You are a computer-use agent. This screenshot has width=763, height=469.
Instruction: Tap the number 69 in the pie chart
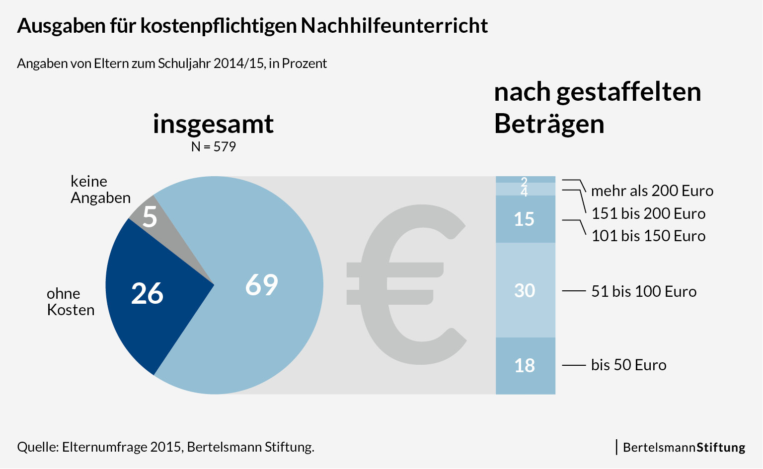coord(262,285)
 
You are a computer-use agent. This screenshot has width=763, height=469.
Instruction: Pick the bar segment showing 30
coord(525,290)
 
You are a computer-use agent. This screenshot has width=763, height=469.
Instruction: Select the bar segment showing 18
coord(525,366)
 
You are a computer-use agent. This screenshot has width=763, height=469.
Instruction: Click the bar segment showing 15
coord(525,219)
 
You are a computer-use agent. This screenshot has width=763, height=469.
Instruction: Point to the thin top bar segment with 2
coord(525,180)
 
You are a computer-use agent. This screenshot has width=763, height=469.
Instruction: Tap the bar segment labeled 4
coord(525,190)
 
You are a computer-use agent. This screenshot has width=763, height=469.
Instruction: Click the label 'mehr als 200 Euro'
coord(652,191)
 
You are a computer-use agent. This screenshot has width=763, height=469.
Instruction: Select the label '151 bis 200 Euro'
coord(648,213)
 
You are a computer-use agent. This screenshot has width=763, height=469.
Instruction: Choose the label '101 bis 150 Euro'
coord(648,236)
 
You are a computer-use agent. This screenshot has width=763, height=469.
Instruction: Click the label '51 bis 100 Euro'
coord(643,291)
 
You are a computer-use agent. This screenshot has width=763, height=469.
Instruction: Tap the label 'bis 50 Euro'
coord(628,365)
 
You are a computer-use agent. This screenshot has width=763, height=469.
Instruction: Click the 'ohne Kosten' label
coord(70,302)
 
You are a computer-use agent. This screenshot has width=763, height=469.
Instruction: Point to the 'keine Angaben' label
coord(100,190)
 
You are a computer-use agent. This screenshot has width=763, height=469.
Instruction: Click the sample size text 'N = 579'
coord(213,147)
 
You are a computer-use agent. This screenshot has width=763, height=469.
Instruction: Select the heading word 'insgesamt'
coord(213,124)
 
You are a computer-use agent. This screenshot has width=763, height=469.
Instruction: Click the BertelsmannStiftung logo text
coord(684,447)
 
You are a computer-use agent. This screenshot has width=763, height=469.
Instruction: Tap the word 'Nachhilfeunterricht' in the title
coord(394,26)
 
